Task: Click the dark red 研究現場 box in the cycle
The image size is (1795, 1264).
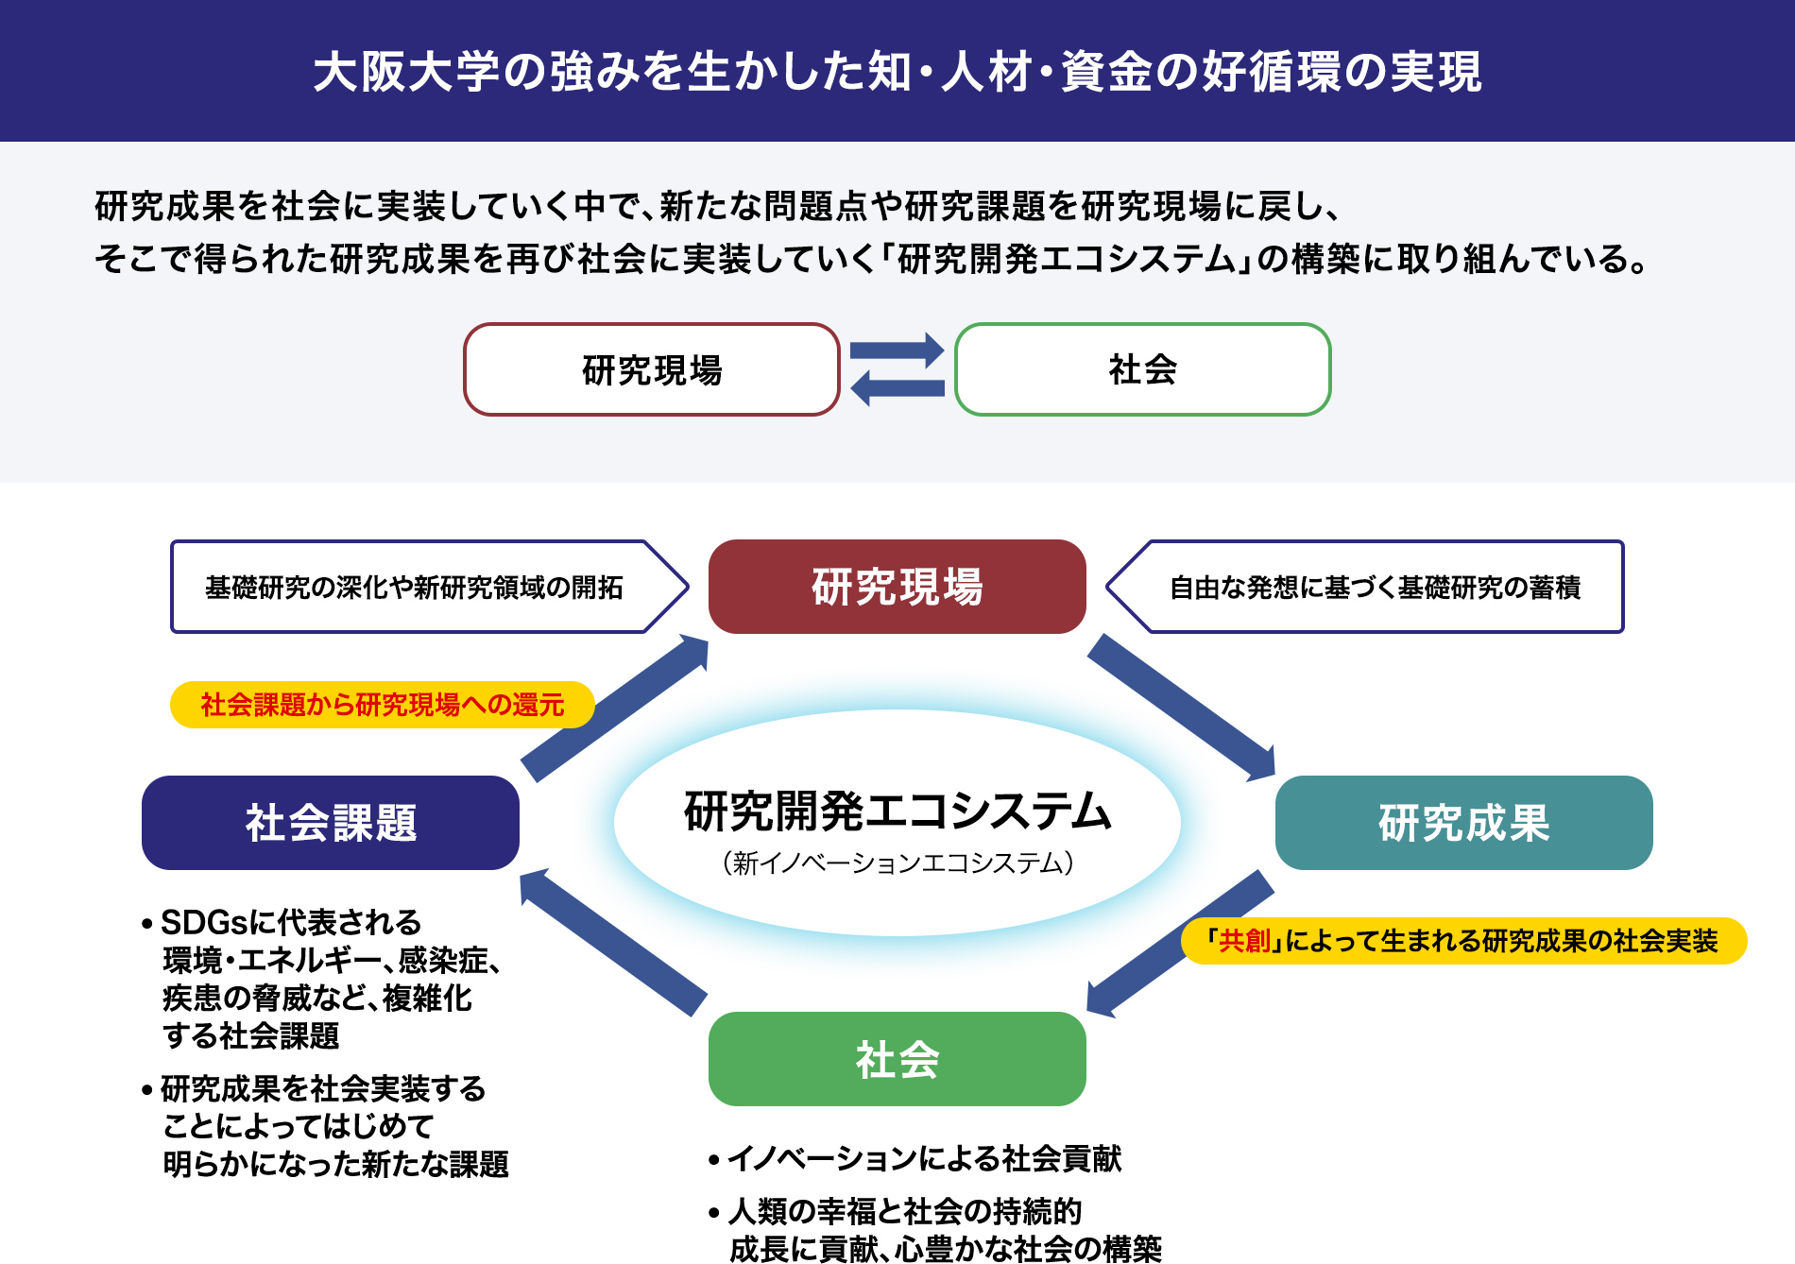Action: coord(897,587)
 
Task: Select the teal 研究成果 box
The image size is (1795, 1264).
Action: coord(1463,823)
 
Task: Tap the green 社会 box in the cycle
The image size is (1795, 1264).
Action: coord(897,1059)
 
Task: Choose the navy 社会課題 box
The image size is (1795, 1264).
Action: coord(330,823)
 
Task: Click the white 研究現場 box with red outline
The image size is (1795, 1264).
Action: coord(652,369)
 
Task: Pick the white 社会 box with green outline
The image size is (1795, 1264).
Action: coord(1143,369)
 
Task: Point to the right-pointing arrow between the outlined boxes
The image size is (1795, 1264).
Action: coord(897,350)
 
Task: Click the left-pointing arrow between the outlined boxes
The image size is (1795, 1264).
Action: coord(897,387)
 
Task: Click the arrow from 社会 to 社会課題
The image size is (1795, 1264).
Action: coord(613,942)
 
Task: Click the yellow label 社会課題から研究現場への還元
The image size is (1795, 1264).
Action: coord(382,705)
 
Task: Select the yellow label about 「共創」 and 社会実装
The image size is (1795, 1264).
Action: coord(1463,941)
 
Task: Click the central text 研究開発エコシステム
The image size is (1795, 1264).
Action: coord(897,811)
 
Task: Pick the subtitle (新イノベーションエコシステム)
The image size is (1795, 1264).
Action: coord(897,863)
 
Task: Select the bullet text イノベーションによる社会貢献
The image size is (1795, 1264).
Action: coord(924,1158)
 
